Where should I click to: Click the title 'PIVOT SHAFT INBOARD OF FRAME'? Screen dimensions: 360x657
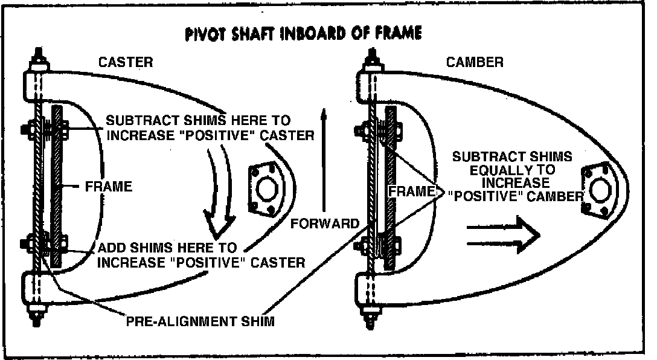[303, 34]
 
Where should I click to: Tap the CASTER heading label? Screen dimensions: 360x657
[126, 62]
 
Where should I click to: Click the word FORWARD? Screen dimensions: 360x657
[325, 223]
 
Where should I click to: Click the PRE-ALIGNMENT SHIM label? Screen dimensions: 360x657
[200, 321]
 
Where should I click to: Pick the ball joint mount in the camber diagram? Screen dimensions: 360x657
[599, 190]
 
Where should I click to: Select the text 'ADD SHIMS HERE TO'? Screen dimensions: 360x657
[167, 248]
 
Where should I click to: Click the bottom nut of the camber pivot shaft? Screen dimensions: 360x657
[368, 314]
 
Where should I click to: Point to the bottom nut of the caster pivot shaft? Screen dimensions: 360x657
[37, 317]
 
